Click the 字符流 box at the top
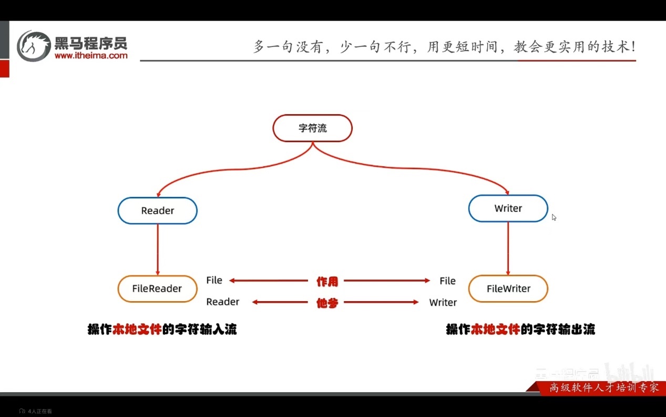[312, 128]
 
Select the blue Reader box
[157, 211]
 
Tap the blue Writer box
[508, 208]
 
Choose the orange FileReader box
[157, 289]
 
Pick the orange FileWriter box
[508, 289]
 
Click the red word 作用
[327, 282]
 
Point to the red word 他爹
[327, 303]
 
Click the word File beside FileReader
[214, 280]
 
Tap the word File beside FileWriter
[447, 281]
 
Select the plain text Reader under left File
[222, 302]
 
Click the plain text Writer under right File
[443, 302]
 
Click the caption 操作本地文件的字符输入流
[162, 330]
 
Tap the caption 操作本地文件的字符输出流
[520, 330]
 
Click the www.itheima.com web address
[91, 55]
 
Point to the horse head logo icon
[34, 46]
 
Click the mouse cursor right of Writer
[554, 217]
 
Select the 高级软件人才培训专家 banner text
[603, 388]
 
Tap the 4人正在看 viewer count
[39, 411]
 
